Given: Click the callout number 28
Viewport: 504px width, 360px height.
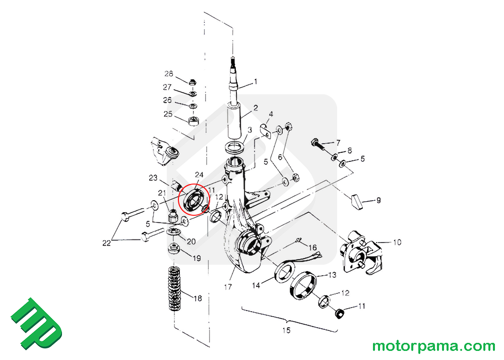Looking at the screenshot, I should pos(168,75).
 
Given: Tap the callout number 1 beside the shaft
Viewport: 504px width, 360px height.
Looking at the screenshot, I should pos(256,81).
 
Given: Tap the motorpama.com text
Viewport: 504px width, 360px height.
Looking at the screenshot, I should pos(434,346).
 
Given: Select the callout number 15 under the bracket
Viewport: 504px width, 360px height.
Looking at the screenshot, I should pos(286,331).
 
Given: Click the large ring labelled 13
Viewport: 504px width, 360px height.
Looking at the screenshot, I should pos(302,285).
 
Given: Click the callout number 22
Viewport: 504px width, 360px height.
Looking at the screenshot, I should pos(106,243).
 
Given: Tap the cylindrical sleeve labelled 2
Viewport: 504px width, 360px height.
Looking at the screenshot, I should pos(235,121).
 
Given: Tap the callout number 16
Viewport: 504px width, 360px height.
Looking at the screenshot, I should pos(312,248).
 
